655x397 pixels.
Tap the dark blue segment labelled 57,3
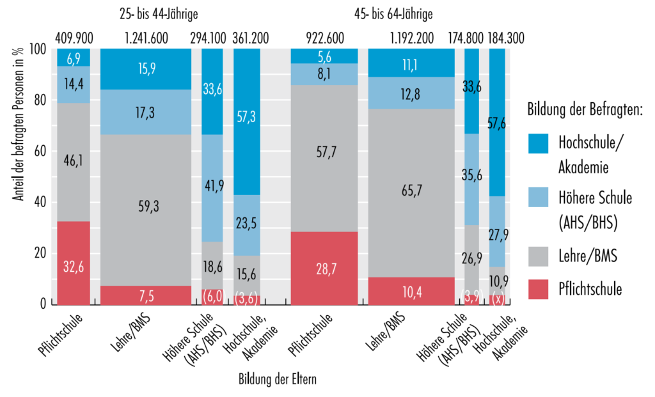tap(246, 121)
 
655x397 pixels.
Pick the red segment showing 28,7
tap(324, 268)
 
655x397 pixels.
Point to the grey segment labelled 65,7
tap(411, 192)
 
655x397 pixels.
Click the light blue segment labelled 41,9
tap(212, 188)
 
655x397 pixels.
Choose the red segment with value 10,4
tap(411, 291)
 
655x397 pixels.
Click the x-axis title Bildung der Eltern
tap(278, 378)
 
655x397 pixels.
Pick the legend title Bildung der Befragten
tap(585, 109)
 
